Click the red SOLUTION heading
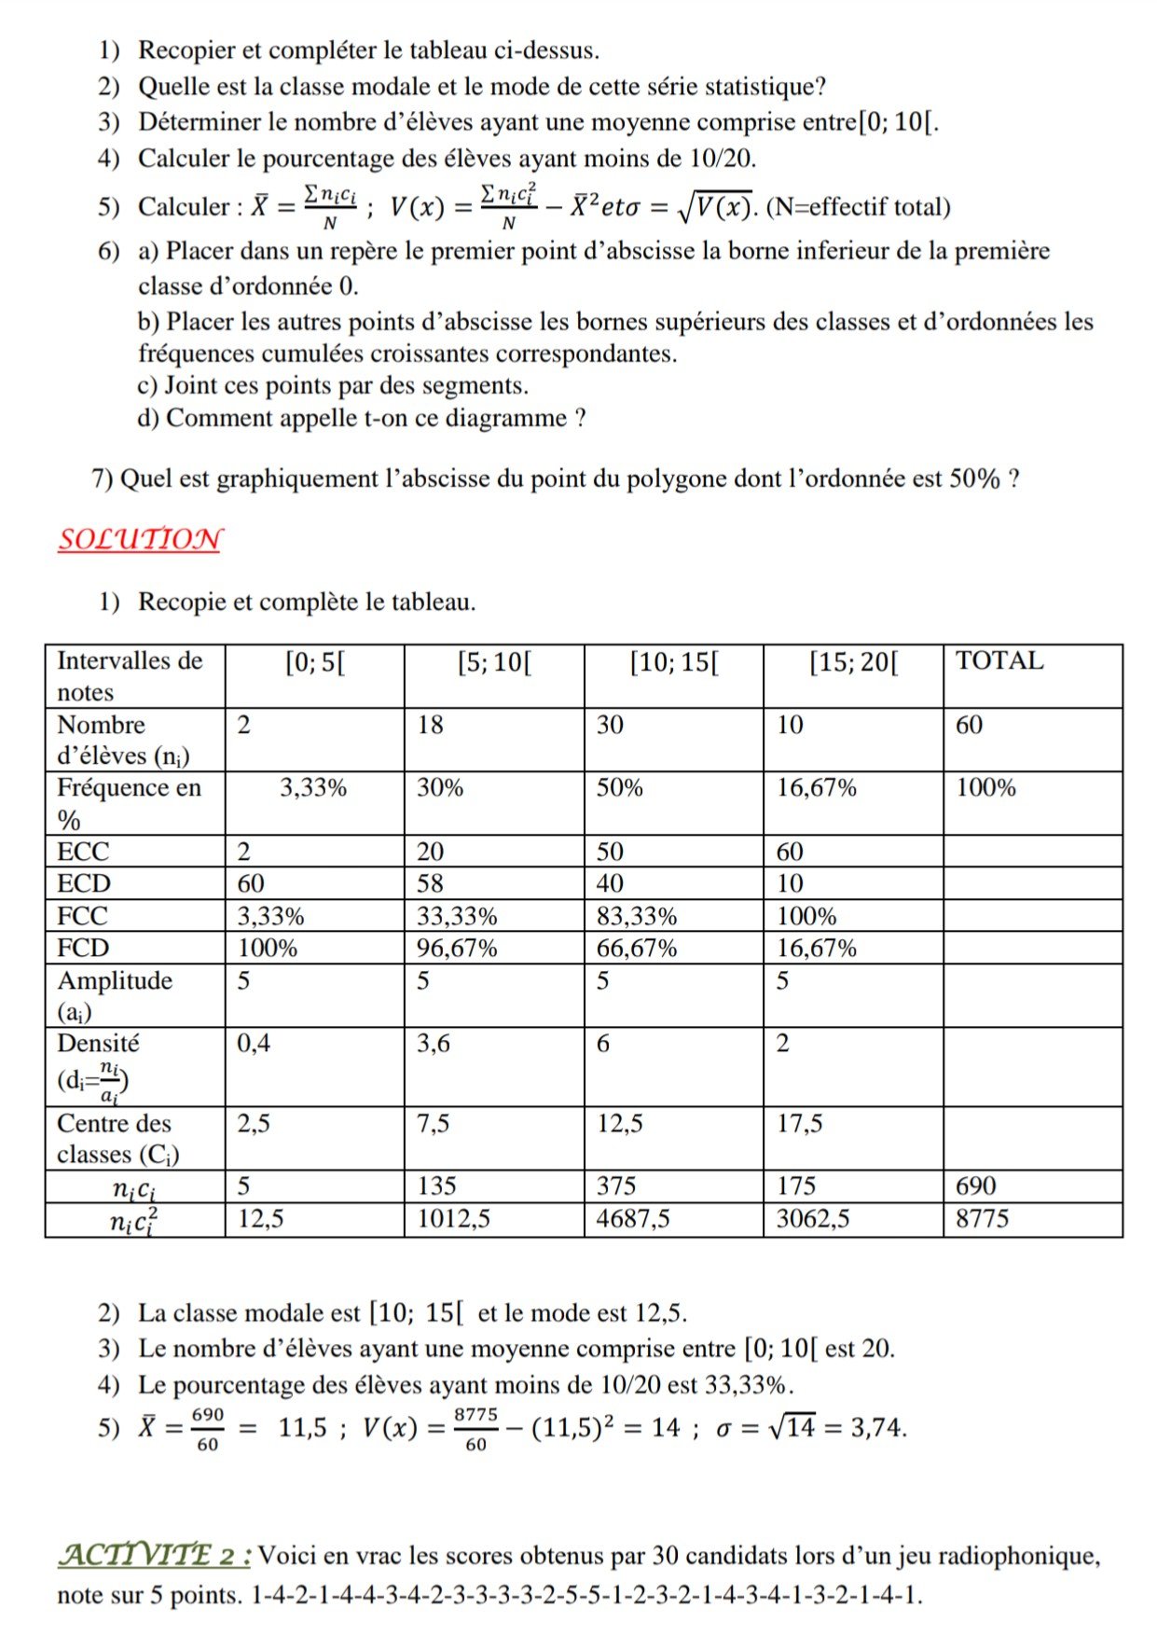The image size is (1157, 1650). [140, 540]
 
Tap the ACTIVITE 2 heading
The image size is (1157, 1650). [154, 1555]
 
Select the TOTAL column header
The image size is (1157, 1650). [999, 661]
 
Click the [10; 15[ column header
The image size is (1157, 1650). [674, 663]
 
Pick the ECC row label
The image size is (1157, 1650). [83, 852]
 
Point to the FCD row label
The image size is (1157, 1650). [83, 948]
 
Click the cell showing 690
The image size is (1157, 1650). [975, 1186]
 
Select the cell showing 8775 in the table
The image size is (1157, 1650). [982, 1218]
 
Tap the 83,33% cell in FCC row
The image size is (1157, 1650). [636, 916]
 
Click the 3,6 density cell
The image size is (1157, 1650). [433, 1043]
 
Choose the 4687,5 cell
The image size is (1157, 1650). [632, 1218]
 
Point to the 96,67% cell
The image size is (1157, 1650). [456, 949]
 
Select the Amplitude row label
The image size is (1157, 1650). [114, 981]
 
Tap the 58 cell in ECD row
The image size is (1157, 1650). [430, 883]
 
